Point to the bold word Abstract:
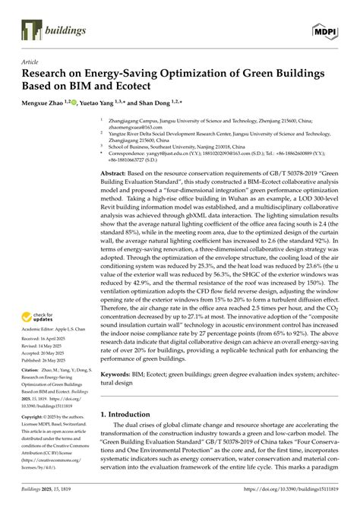coord(117,173)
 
